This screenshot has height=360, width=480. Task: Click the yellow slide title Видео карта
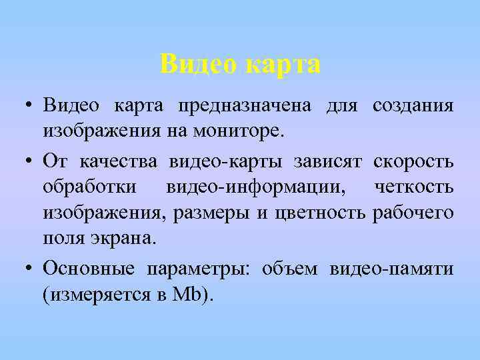tap(240, 64)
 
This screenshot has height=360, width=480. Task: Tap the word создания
tap(413, 106)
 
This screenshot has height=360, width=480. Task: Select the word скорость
tap(414, 162)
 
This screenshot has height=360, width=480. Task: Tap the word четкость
tap(415, 188)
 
